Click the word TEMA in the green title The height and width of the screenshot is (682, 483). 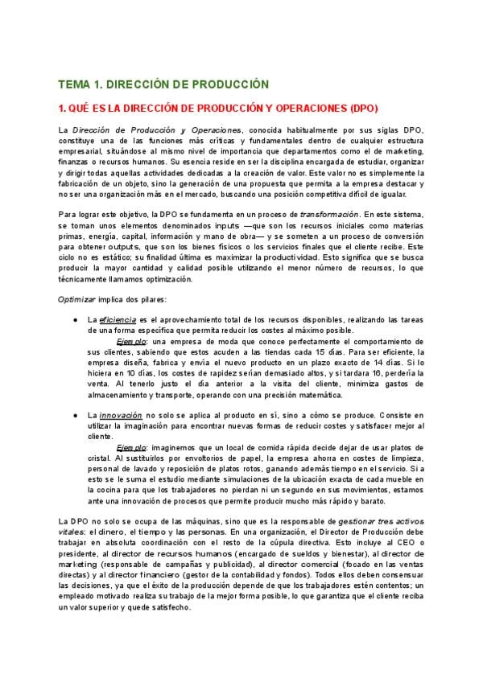pyautogui.click(x=73, y=84)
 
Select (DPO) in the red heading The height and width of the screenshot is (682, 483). pyautogui.click(x=360, y=107)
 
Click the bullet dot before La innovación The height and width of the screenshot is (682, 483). pyautogui.click(x=75, y=414)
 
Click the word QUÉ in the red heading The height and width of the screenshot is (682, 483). pyautogui.click(x=80, y=107)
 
